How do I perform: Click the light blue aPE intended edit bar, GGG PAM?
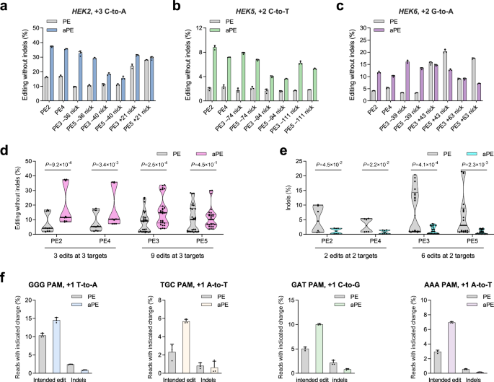63,330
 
